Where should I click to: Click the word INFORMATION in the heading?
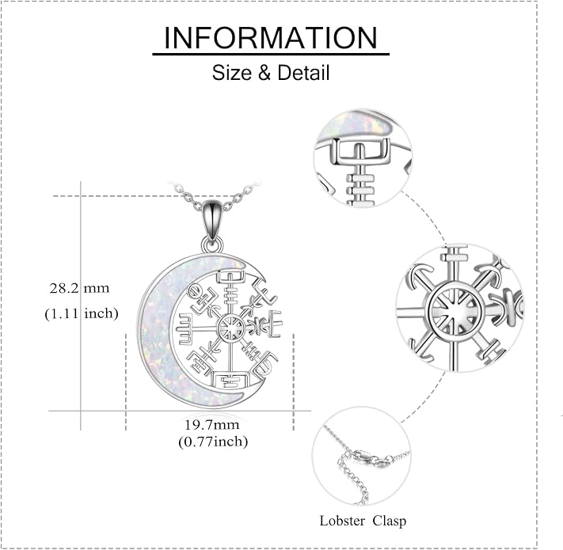pos(270,38)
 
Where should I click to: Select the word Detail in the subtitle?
pos(303,73)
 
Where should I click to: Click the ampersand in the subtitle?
pos(264,73)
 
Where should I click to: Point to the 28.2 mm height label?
pos(79,288)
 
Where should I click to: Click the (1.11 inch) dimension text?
pos(82,313)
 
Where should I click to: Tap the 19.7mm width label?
pos(212,425)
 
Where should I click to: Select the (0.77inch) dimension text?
pos(213,442)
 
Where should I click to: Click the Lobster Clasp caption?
pos(363,521)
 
